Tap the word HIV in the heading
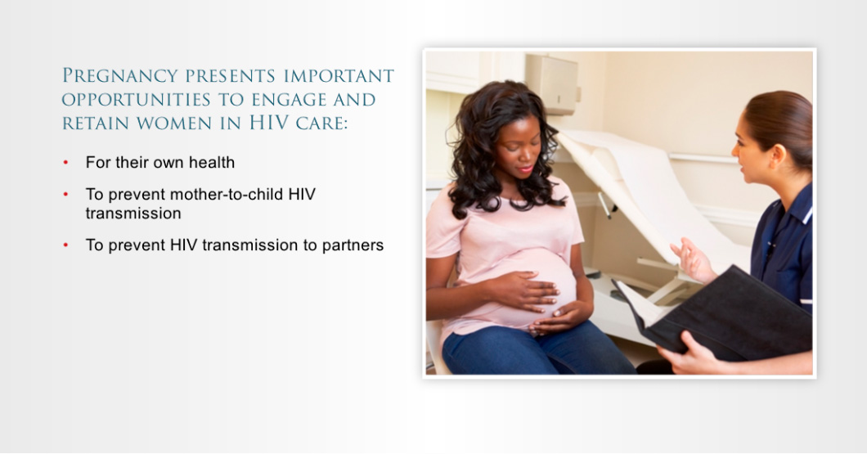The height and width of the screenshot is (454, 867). [x=269, y=122]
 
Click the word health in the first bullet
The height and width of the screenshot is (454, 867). [x=212, y=162]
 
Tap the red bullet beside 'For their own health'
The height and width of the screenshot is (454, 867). [x=65, y=163]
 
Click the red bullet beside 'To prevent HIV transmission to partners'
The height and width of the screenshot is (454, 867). [x=65, y=245]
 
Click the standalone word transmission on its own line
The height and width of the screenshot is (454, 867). [x=133, y=214]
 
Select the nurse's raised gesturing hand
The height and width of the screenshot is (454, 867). [x=692, y=258]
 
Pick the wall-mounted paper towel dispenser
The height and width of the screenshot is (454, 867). [x=552, y=83]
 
